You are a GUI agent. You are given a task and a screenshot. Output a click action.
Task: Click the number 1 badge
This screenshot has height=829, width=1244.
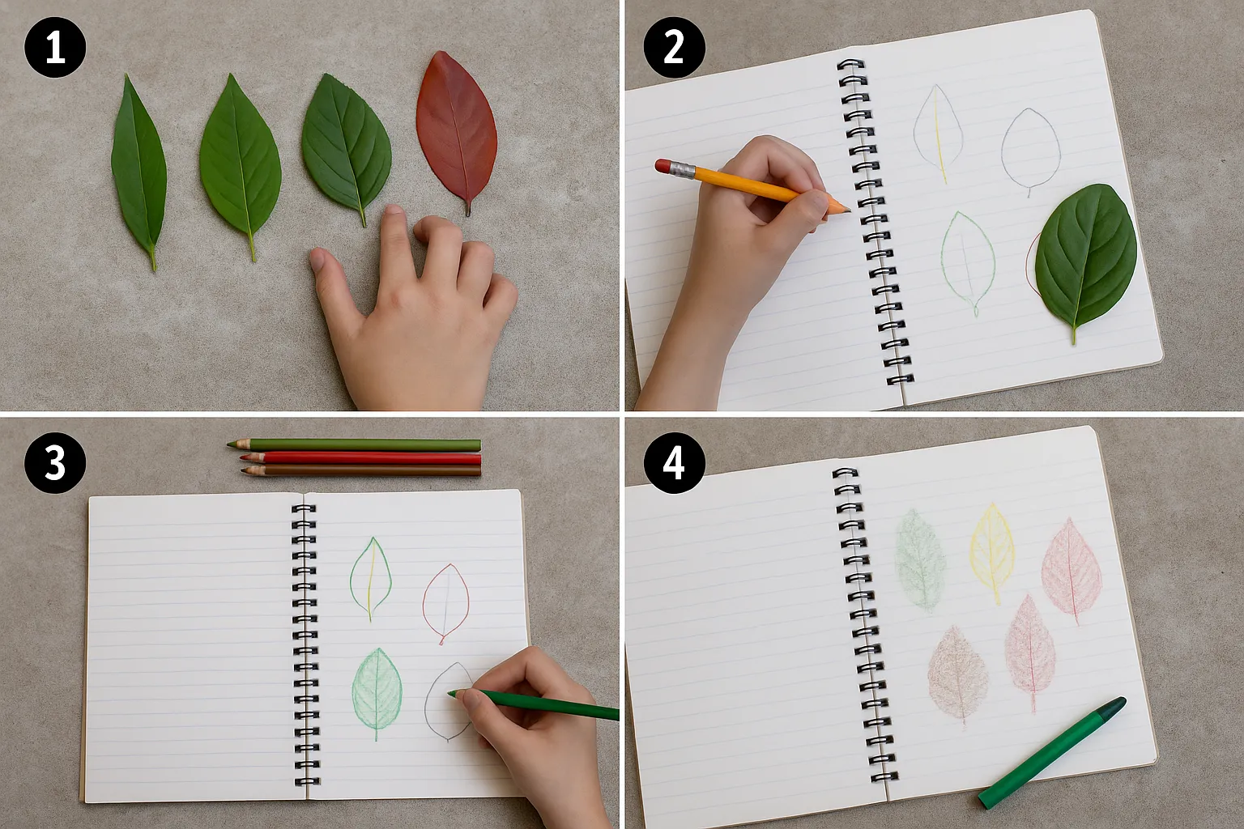(55, 47)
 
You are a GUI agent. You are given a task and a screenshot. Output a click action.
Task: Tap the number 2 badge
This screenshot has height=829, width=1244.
(674, 47)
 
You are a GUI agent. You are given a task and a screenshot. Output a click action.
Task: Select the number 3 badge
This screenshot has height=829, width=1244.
(55, 462)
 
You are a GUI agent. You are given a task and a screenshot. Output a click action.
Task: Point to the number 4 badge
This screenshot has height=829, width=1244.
(674, 462)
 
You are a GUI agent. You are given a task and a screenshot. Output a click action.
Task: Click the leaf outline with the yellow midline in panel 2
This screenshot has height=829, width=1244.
(939, 134)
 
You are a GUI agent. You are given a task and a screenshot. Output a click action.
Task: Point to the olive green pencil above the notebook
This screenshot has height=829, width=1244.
(354, 444)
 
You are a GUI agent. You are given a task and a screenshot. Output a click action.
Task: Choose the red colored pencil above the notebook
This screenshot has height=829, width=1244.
(360, 459)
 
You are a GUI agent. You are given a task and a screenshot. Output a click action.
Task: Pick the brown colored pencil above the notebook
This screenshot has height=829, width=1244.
(361, 471)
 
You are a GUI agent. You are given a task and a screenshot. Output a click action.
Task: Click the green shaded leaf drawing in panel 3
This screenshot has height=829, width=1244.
(377, 691)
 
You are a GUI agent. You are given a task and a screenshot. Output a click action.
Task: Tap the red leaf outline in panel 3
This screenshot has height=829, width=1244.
(446, 602)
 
